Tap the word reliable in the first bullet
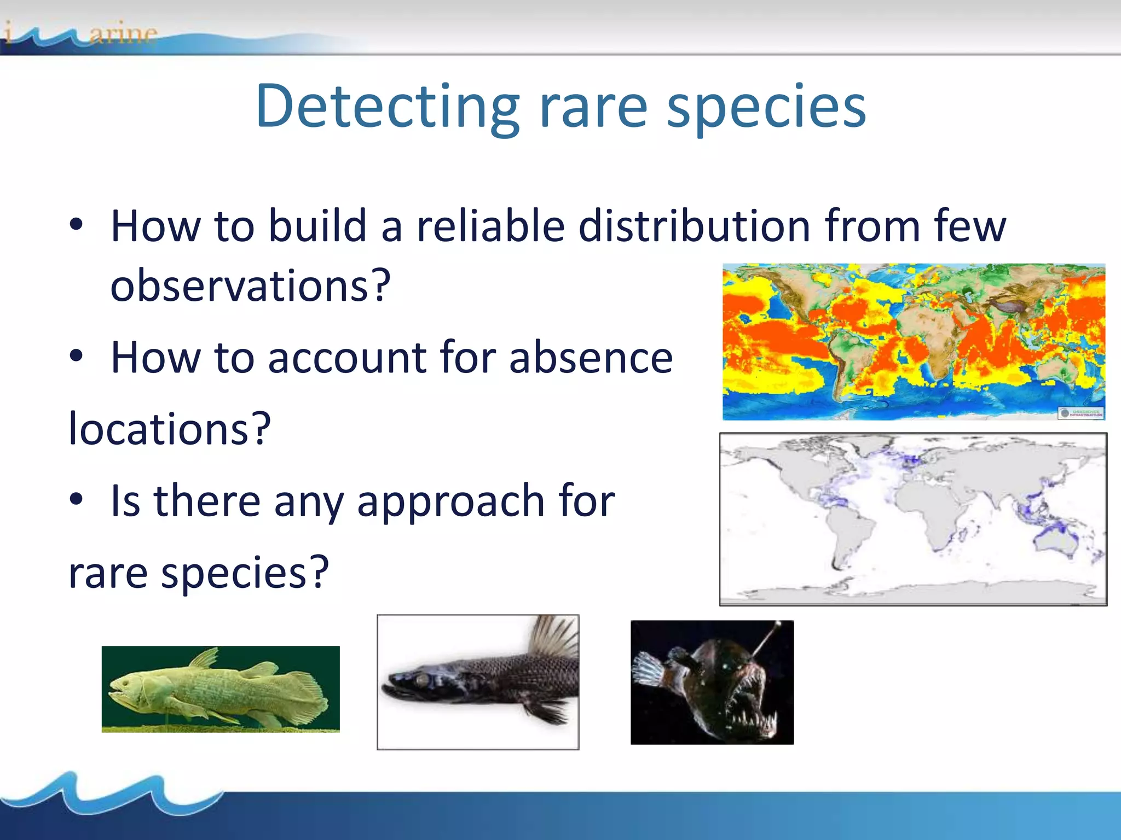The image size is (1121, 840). coord(490,226)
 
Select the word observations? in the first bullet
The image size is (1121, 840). coord(251,285)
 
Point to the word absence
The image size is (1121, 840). coord(591,358)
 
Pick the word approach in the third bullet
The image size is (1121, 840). coord(450,501)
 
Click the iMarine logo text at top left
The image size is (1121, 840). coord(82,34)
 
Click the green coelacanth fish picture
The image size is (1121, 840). coord(220,689)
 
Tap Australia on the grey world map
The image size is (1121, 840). coord(1056,541)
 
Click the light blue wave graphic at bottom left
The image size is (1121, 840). coord(109,793)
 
